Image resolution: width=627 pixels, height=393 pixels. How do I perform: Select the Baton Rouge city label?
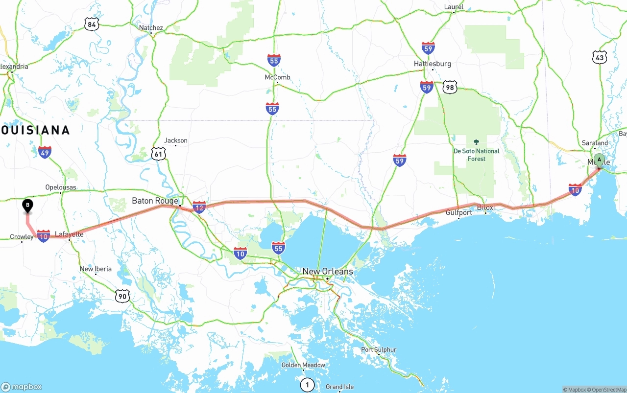(x=155, y=201)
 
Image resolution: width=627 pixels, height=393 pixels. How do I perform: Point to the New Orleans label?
(x=327, y=271)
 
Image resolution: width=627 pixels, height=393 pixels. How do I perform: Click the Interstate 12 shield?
(x=199, y=208)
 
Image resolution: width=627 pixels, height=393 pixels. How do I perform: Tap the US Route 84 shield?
(x=91, y=24)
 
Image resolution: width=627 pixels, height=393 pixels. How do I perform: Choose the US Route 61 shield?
(x=158, y=154)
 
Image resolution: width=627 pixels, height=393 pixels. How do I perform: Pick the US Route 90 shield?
(x=123, y=295)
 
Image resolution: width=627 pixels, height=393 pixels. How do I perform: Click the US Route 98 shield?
(x=450, y=88)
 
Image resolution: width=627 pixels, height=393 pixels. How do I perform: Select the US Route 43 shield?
(x=600, y=57)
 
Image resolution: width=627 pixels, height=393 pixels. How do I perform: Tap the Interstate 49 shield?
(x=45, y=152)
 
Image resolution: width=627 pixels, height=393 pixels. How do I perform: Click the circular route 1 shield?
(x=307, y=385)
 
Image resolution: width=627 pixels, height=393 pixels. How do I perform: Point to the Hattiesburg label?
(x=432, y=64)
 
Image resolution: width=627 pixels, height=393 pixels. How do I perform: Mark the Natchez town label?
(x=151, y=28)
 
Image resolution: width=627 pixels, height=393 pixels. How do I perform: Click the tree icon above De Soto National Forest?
(x=476, y=142)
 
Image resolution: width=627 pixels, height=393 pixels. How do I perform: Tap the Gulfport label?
(x=458, y=212)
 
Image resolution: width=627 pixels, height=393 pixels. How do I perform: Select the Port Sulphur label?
(x=378, y=349)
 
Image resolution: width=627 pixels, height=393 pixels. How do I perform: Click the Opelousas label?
(x=60, y=187)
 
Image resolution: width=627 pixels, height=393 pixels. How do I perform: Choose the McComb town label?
(x=277, y=77)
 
